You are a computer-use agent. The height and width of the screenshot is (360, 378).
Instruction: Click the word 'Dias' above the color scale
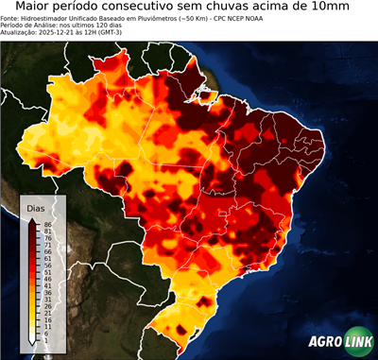click(x=36, y=207)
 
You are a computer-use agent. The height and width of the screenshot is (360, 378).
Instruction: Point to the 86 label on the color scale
click(x=46, y=223)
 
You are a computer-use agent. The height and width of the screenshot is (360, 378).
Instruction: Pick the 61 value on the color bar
click(x=46, y=258)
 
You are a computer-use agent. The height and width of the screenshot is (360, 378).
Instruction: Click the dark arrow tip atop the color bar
click(x=33, y=219)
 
